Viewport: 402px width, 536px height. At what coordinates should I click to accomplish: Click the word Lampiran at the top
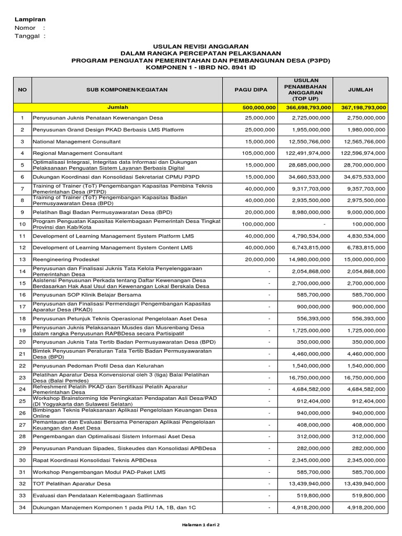tap(30, 19)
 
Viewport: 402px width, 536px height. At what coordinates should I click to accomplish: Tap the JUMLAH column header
tap(360, 90)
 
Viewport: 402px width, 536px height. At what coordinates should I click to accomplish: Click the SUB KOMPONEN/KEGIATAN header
tap(127, 90)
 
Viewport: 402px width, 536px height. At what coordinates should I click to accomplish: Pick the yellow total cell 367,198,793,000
tap(360, 107)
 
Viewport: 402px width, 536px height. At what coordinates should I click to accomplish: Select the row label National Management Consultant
tap(76, 141)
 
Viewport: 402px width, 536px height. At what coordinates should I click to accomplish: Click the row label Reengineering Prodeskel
tap(66, 259)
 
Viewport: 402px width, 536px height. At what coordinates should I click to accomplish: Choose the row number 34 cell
tap(22, 507)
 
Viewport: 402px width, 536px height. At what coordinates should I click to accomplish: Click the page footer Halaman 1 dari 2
tap(201, 524)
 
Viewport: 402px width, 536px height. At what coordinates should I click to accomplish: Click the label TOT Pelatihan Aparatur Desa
tap(72, 483)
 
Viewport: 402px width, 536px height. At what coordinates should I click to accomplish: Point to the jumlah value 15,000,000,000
tap(361, 259)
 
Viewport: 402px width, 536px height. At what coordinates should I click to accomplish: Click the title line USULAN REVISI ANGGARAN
tap(201, 47)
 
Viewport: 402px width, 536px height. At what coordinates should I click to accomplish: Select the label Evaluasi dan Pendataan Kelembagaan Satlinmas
tap(98, 495)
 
